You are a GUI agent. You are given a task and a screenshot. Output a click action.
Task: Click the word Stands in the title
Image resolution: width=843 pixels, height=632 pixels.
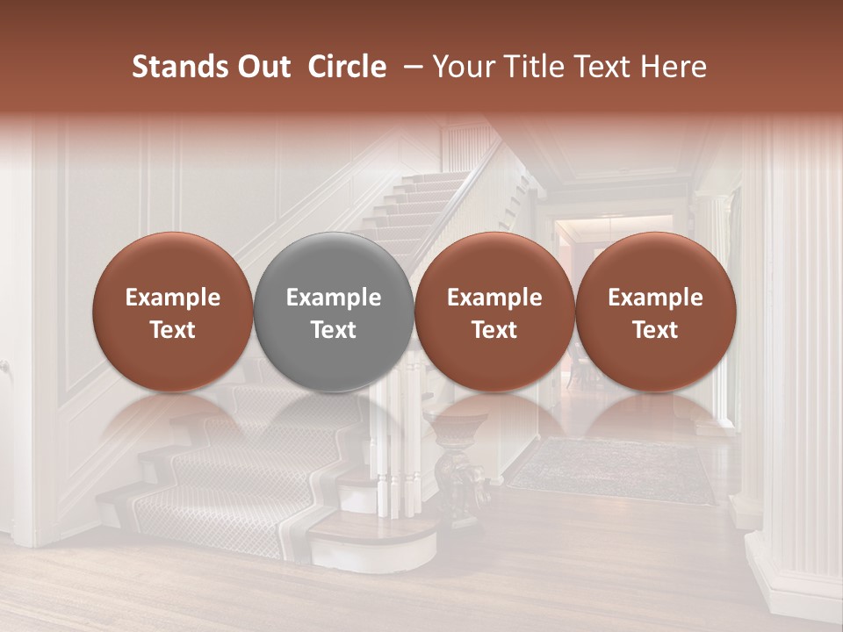point(176,67)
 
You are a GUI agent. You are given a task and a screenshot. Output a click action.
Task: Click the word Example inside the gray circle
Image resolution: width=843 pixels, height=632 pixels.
point(334,298)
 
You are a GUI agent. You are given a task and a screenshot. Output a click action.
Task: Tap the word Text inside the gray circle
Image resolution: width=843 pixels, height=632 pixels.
point(334,330)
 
